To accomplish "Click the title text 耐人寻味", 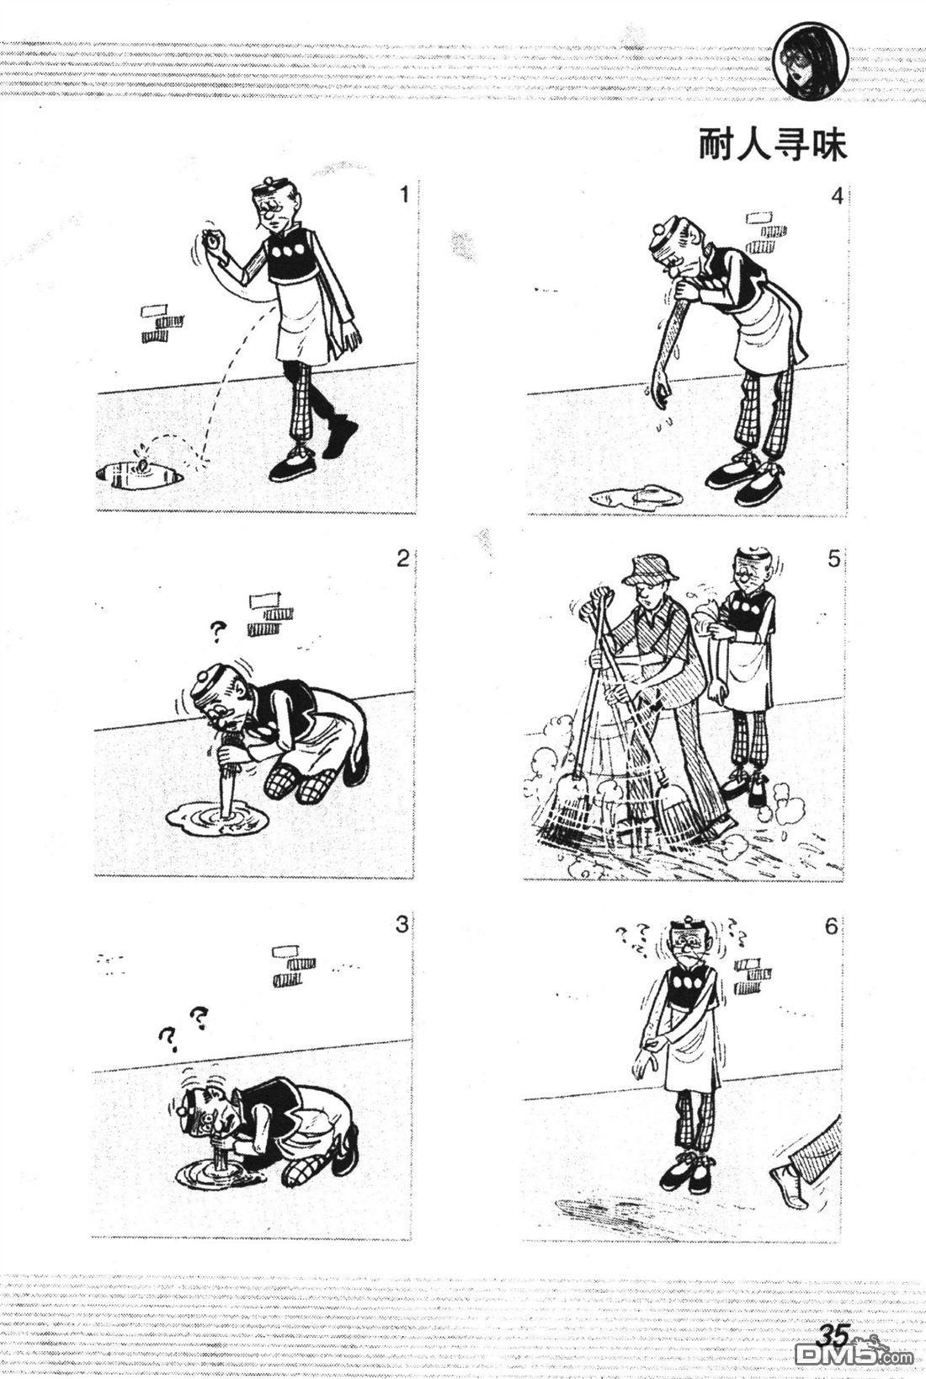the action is (773, 145).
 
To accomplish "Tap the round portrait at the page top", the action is (811, 62).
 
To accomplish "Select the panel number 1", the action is (403, 195).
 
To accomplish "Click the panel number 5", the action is (833, 559).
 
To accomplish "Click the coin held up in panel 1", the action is (211, 240).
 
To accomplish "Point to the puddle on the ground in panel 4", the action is (635, 495).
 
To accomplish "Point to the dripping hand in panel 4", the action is (661, 394).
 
